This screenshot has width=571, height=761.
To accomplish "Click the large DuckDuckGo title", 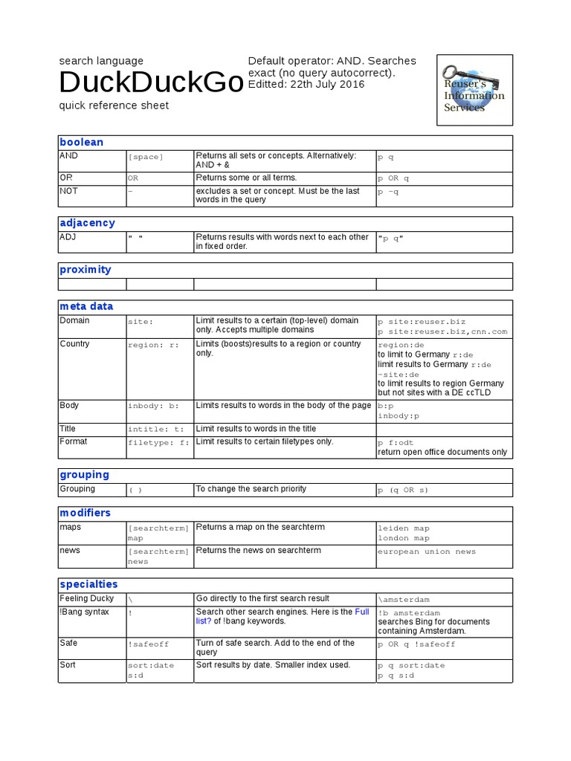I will (151, 82).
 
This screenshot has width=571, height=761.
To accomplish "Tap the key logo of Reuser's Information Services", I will (474, 89).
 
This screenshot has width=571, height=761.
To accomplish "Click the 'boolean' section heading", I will (82, 142).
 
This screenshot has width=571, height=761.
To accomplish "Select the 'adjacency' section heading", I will (87, 223).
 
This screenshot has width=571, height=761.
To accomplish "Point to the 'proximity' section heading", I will (86, 270).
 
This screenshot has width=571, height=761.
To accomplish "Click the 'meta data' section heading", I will (86, 306).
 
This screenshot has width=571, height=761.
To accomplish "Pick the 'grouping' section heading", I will (84, 475).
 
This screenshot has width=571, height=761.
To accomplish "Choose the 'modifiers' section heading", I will (85, 513).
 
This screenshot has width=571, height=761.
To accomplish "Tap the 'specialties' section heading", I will (88, 584).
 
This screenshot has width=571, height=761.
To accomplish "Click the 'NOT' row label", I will (68, 191).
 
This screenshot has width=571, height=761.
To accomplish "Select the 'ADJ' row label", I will (68, 237).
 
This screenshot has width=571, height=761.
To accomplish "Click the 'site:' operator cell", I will (141, 322).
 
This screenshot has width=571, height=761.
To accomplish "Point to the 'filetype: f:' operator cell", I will (158, 442).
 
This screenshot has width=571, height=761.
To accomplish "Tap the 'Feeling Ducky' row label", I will (87, 598).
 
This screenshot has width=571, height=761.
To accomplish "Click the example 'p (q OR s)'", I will (403, 490).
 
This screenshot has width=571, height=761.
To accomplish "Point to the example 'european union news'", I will (427, 552).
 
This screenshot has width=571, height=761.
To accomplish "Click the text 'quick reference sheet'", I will (114, 106).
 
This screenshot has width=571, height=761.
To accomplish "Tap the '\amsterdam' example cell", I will (404, 600).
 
